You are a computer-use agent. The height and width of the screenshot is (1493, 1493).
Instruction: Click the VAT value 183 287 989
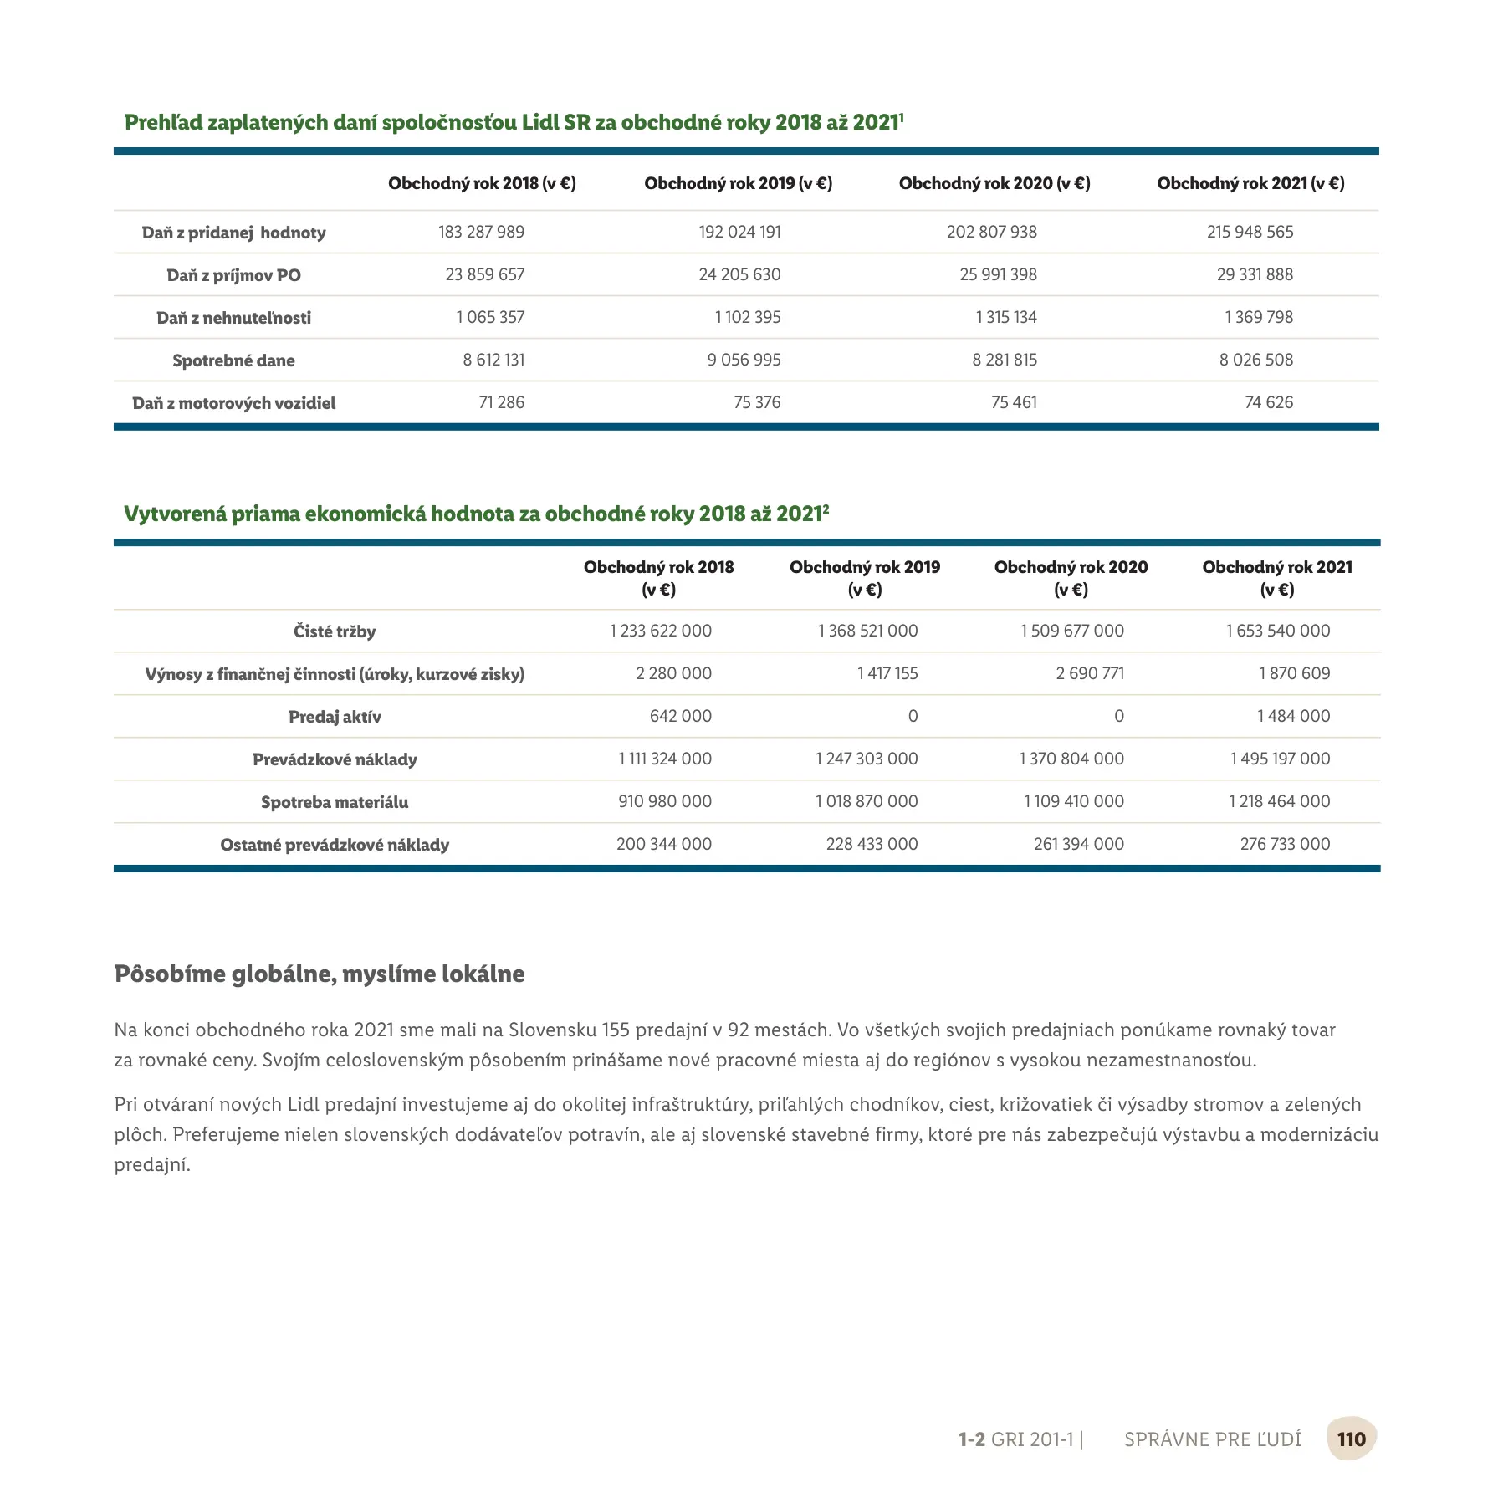point(481,232)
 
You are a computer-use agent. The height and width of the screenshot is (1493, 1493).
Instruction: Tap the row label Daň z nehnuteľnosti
point(233,318)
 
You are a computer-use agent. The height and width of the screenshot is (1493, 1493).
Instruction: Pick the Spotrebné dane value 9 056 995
point(744,360)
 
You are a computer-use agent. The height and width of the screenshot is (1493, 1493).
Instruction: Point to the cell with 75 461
point(1014,402)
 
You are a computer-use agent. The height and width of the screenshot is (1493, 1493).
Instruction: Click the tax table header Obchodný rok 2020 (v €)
point(994,183)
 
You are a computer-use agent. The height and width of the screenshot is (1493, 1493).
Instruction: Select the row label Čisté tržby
point(335,631)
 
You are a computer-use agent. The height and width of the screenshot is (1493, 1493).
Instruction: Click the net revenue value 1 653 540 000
point(1277,631)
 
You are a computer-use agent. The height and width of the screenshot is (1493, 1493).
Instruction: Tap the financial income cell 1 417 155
point(887,673)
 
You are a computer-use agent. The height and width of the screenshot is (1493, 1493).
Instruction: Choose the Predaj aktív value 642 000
point(680,716)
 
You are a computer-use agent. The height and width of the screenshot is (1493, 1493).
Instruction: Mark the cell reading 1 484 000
point(1292,716)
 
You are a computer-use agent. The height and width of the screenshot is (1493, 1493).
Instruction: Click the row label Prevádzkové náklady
point(335,759)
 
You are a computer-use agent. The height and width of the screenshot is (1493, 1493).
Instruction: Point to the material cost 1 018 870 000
point(866,801)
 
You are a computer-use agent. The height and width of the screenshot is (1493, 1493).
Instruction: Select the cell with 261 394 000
point(1078,844)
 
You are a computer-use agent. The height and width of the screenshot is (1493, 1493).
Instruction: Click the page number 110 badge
point(1351,1439)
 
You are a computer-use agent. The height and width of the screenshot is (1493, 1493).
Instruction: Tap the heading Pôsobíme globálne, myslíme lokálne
point(320,974)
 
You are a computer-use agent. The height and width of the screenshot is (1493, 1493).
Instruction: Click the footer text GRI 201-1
point(1031,1439)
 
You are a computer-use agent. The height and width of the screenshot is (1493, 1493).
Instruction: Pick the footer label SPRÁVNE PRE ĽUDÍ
point(1212,1439)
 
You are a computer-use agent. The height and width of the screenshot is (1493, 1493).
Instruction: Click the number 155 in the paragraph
point(616,1030)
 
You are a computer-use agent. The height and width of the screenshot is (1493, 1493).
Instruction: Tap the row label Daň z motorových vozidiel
point(233,403)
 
